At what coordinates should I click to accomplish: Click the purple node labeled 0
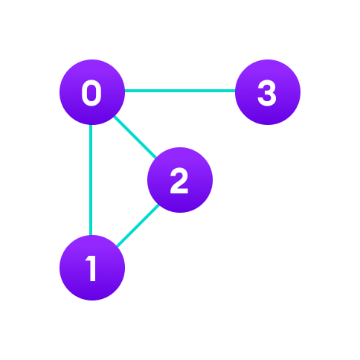[92, 92]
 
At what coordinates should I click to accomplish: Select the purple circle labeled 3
[268, 92]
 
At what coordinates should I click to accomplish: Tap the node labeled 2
[180, 180]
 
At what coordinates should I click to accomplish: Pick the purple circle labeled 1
[92, 268]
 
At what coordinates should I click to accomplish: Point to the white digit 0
[91, 93]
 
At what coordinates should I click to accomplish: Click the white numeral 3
[267, 93]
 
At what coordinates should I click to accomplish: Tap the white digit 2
[179, 181]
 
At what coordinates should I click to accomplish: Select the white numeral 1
[91, 269]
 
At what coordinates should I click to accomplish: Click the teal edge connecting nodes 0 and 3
[180, 91]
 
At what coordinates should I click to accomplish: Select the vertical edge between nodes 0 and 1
[91, 180]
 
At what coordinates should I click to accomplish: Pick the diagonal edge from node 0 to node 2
[135, 137]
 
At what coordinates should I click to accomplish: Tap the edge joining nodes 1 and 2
[138, 225]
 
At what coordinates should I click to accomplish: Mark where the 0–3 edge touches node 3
[235, 91]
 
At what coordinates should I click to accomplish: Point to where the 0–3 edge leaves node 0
[125, 91]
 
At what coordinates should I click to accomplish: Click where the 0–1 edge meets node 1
[91, 235]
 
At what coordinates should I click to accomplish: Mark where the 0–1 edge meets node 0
[91, 125]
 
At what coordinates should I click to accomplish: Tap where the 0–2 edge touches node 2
[155, 158]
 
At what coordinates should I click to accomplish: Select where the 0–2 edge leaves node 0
[115, 117]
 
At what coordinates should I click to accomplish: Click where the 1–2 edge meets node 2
[158, 205]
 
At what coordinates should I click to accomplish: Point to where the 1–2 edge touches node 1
[118, 246]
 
